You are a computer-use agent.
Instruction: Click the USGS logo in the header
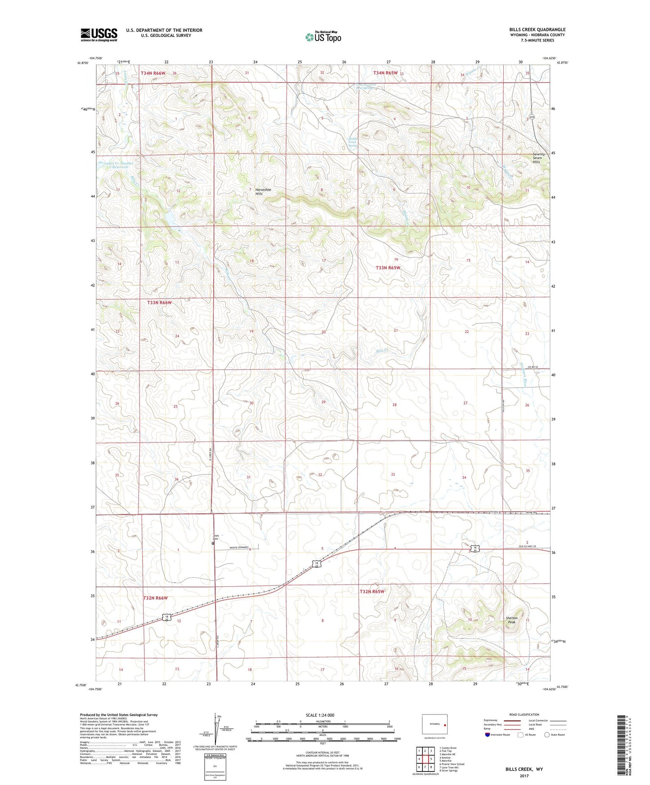pyautogui.click(x=99, y=35)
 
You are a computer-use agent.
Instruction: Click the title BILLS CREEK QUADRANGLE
pyautogui.click(x=537, y=30)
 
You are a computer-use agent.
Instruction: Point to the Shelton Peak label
pyautogui.click(x=511, y=620)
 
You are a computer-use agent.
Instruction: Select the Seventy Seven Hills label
pyautogui.click(x=539, y=158)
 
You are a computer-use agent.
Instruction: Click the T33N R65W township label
pyautogui.click(x=388, y=268)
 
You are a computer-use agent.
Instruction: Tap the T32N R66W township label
pyautogui.click(x=155, y=598)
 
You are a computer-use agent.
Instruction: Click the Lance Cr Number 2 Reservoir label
pyautogui.click(x=119, y=165)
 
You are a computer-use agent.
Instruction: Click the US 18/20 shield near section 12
pyautogui.click(x=166, y=618)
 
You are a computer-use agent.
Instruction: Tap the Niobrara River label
pyautogui.click(x=524, y=375)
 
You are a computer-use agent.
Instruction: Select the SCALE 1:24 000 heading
pyautogui.click(x=320, y=715)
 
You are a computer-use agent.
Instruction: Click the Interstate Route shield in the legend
pyautogui.click(x=488, y=735)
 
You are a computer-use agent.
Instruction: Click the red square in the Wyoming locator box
pyautogui.click(x=445, y=725)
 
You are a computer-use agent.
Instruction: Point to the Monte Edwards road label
pyautogui.click(x=239, y=548)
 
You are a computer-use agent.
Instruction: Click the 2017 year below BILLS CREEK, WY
pyautogui.click(x=524, y=776)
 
